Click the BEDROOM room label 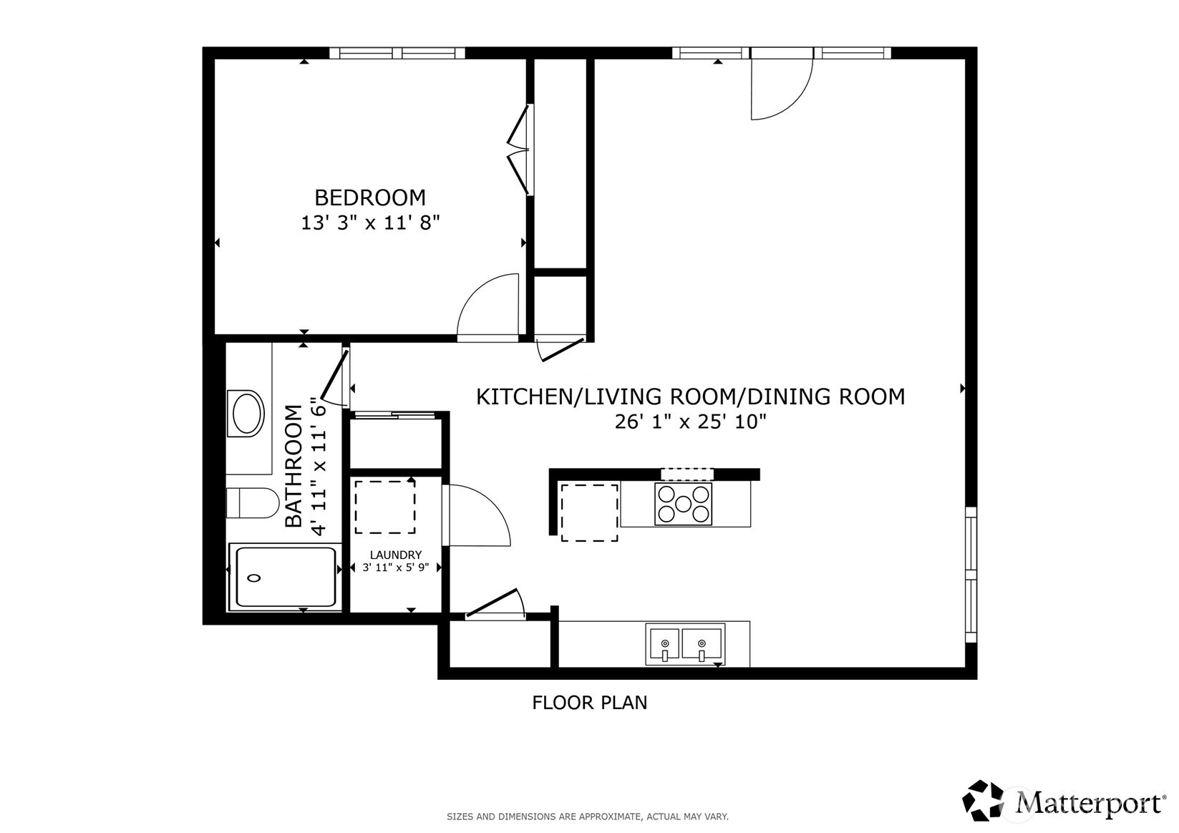[369, 197]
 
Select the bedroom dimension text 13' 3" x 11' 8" [369, 223]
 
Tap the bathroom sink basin [247, 414]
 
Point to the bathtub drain [253, 578]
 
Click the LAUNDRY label [395, 555]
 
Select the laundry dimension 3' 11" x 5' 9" [395, 568]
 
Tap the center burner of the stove [683, 504]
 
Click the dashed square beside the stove [589, 512]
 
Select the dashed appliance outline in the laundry [385, 507]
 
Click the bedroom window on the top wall [397, 53]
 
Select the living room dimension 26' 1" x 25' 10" [690, 422]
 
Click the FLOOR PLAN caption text [589, 703]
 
